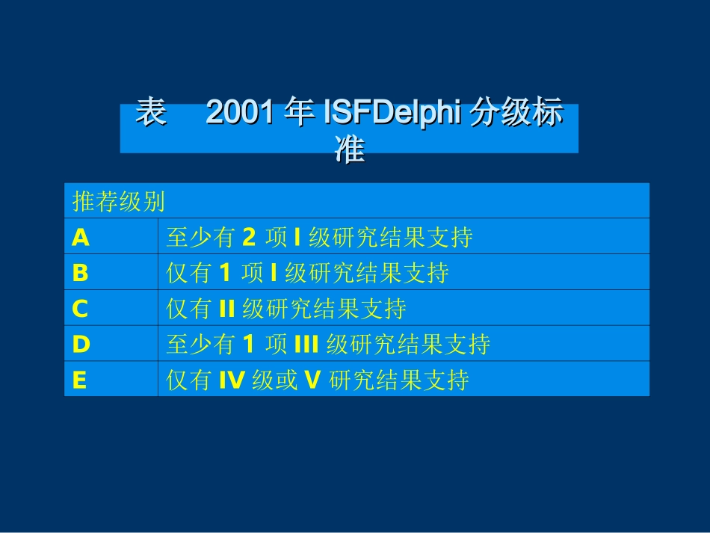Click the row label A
[81, 238]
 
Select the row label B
[80, 274]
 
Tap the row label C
[80, 309]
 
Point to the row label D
[81, 345]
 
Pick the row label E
[79, 381]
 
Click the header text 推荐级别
[118, 202]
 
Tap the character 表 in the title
[150, 114]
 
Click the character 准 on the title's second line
[349, 150]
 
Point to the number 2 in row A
[250, 238]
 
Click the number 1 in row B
[224, 274]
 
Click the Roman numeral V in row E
[312, 381]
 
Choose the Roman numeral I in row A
[297, 238]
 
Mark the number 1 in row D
[250, 345]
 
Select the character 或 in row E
[288, 381]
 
